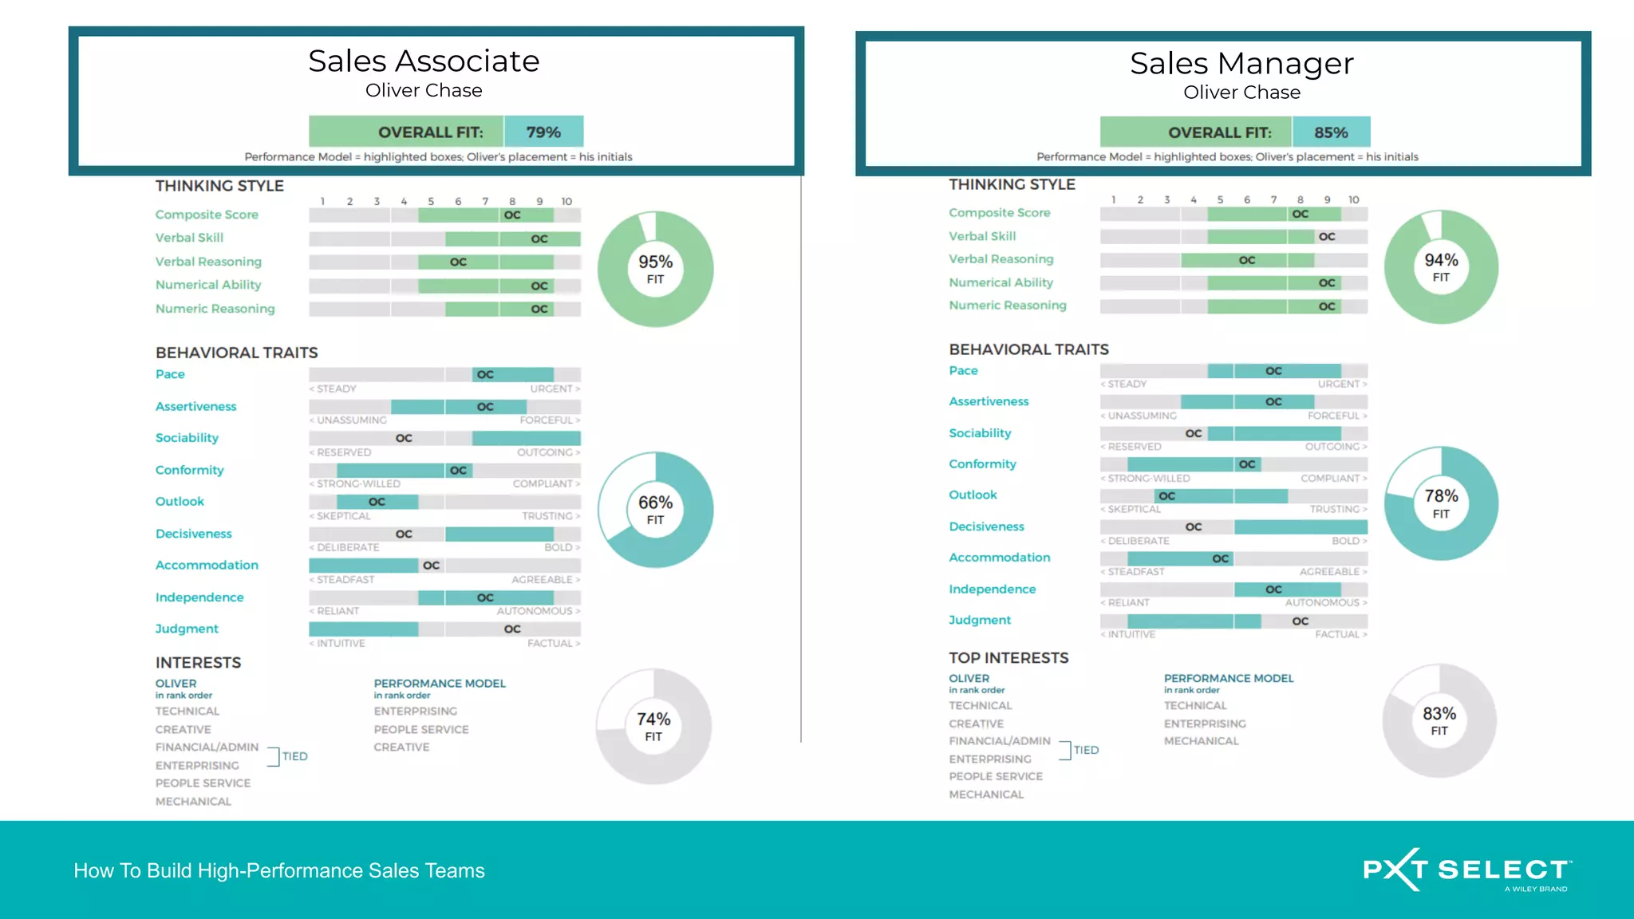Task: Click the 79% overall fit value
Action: tap(543, 132)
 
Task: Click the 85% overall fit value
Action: tap(1331, 132)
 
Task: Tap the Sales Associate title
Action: tap(424, 61)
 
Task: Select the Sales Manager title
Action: tap(1241, 64)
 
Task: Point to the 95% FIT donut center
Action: tap(655, 269)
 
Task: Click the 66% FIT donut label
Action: tap(655, 510)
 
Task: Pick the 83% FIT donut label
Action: tap(1439, 720)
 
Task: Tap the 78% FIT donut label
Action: tap(1441, 503)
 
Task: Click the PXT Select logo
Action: tap(1466, 870)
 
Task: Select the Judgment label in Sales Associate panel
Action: tap(187, 629)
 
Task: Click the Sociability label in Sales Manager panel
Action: tap(980, 433)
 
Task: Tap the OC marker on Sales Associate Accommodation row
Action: tap(431, 566)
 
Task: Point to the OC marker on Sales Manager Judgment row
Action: tap(1300, 621)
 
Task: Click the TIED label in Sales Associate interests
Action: tap(294, 756)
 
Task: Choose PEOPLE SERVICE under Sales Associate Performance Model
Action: tap(421, 729)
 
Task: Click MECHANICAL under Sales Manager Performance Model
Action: tap(1201, 741)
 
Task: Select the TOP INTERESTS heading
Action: tap(1008, 658)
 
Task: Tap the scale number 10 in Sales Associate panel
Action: tap(566, 202)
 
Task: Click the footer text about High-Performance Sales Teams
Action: tap(279, 870)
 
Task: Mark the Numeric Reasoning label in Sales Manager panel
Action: tap(1007, 306)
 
